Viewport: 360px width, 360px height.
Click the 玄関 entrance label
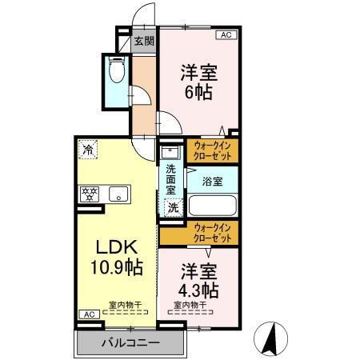pos(144,41)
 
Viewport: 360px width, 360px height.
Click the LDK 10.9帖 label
pos(114,256)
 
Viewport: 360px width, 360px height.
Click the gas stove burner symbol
pos(88,194)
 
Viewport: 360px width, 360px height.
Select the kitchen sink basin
pos(118,194)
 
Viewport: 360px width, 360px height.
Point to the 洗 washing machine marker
pos(172,207)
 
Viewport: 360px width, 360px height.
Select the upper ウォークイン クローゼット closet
pos(214,150)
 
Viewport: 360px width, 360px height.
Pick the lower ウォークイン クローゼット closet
pos(214,233)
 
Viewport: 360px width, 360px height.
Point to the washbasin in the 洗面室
pos(170,151)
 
